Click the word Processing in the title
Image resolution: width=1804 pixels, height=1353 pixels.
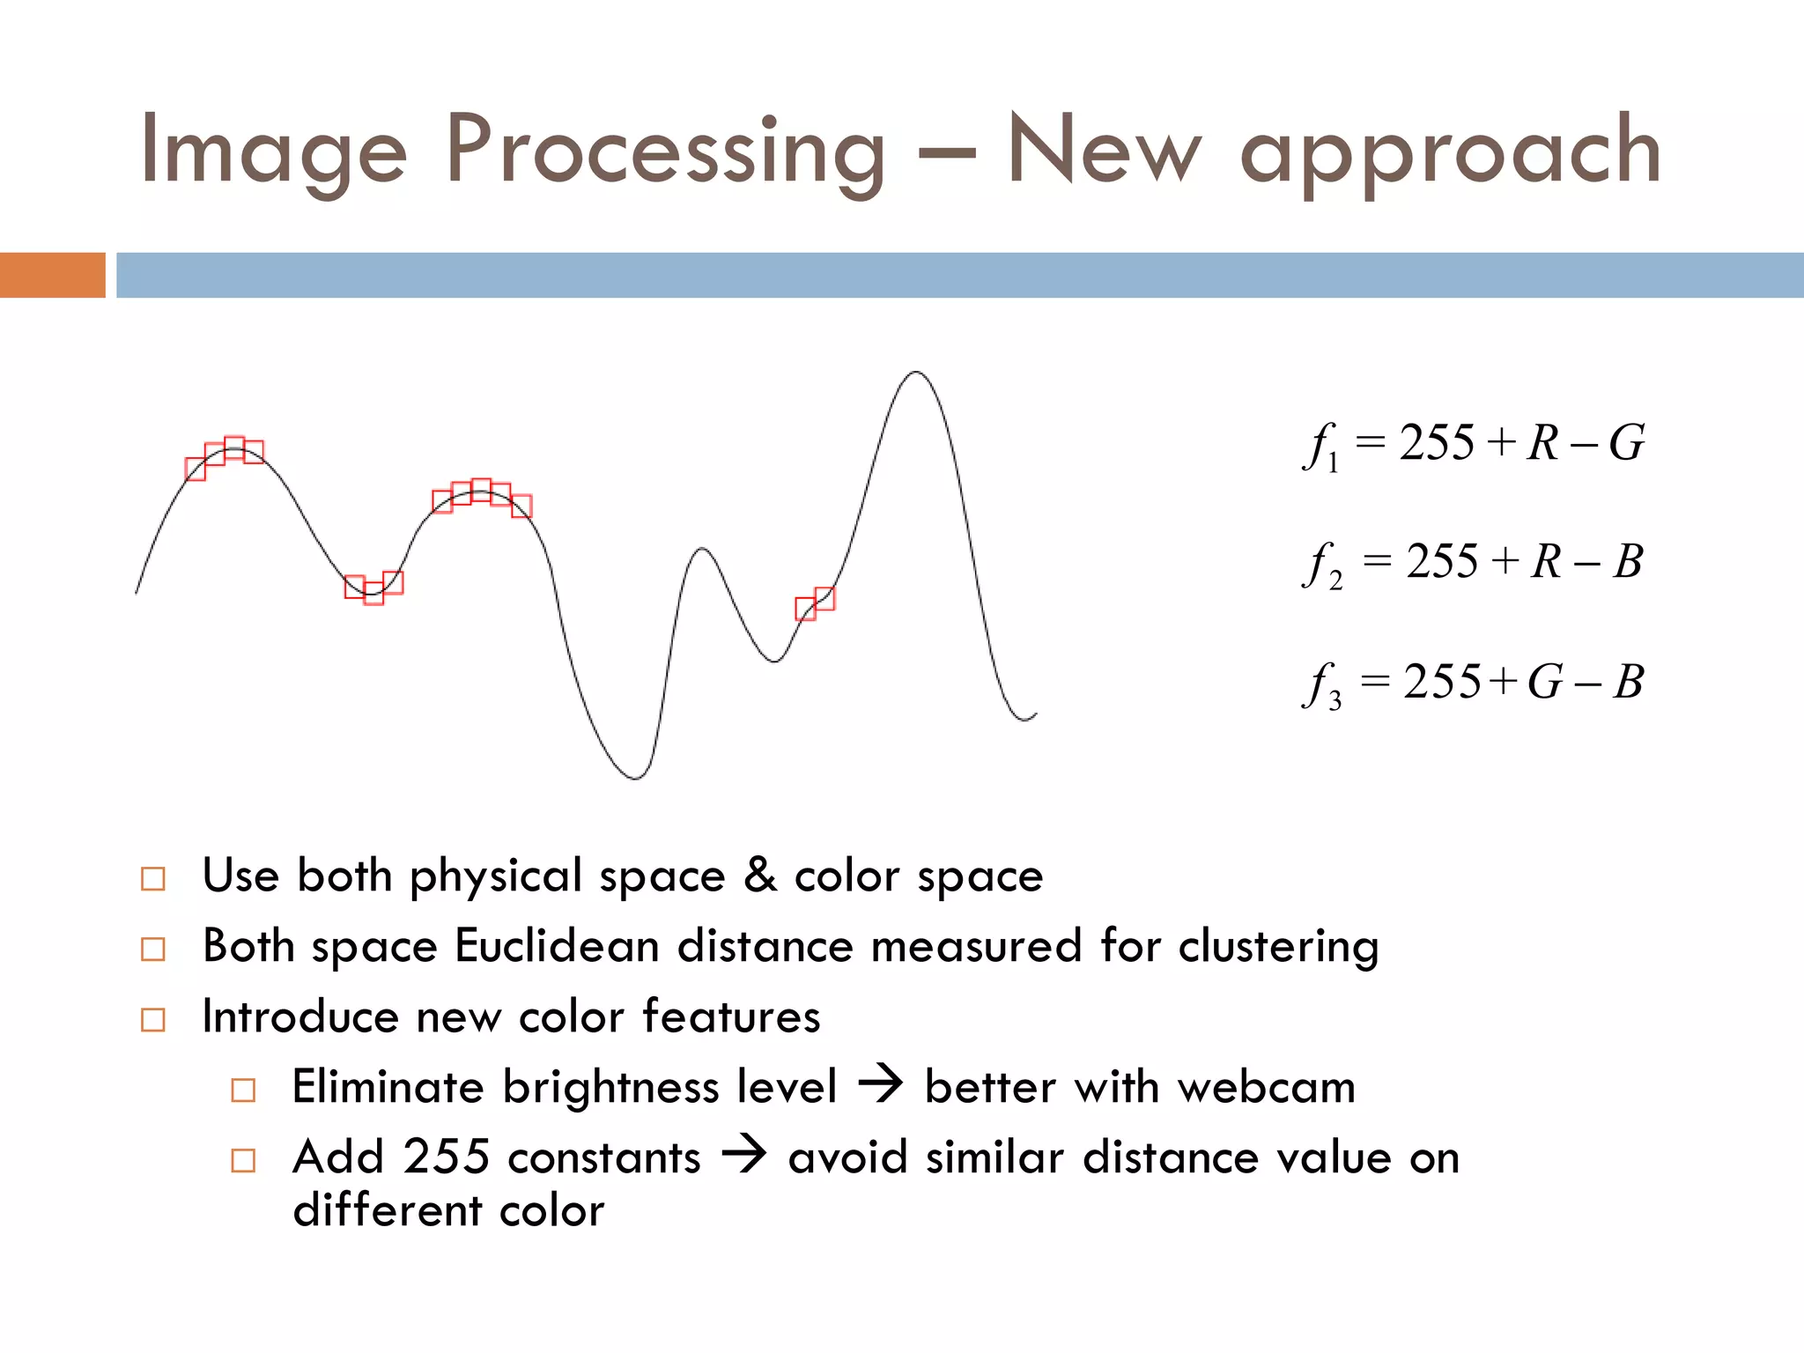[x=665, y=152]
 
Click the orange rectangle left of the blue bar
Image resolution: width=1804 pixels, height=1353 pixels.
[x=52, y=275]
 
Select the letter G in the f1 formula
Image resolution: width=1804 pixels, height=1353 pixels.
[x=1626, y=442]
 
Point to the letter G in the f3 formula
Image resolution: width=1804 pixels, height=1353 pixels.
[x=1545, y=682]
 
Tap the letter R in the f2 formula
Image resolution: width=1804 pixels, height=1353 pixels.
[x=1547, y=562]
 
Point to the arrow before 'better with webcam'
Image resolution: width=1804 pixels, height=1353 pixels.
[x=880, y=1083]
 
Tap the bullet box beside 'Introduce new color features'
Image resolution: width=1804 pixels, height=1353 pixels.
[x=153, y=1019]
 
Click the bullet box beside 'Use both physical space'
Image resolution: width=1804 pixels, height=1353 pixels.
[x=153, y=878]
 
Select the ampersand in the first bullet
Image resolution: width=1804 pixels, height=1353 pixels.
[x=759, y=876]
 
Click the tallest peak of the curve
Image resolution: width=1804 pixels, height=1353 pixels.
[x=916, y=373]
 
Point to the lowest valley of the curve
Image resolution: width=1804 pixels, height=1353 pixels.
[x=635, y=777]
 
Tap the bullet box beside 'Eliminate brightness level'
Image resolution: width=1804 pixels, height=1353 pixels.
[x=243, y=1090]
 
